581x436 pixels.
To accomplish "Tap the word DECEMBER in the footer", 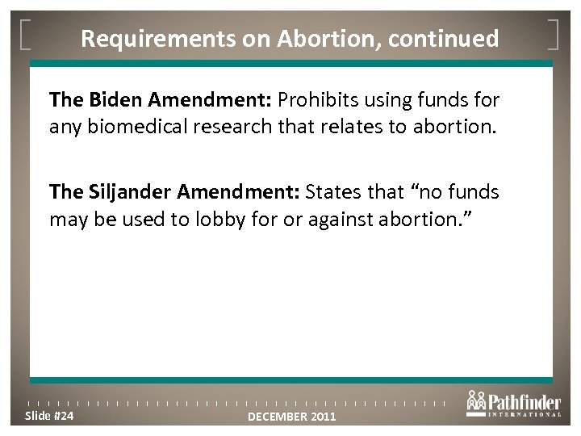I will click(274, 417).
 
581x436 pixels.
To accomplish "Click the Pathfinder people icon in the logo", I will click(476, 401).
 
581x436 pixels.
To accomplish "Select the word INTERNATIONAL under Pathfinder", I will click(524, 415).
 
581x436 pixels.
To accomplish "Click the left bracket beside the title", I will click(26, 37).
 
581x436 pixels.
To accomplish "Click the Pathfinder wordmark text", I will click(524, 400).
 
